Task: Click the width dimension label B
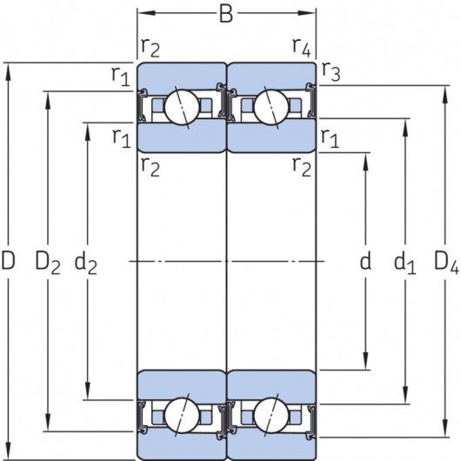pyautogui.click(x=226, y=14)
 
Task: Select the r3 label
pyautogui.click(x=329, y=71)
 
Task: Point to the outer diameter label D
pyautogui.click(x=9, y=260)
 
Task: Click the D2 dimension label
pyautogui.click(x=47, y=260)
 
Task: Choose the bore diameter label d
pyautogui.click(x=365, y=260)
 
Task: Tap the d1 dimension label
pyautogui.click(x=404, y=261)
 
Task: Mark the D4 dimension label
pyautogui.click(x=444, y=260)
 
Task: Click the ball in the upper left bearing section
pyautogui.click(x=184, y=108)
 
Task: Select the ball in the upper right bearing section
pyautogui.click(x=270, y=108)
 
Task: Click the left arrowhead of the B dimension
pyautogui.click(x=142, y=14)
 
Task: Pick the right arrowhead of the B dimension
pyautogui.click(x=311, y=14)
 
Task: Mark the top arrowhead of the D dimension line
pyautogui.click(x=10, y=68)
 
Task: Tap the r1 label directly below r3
pyautogui.click(x=329, y=136)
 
